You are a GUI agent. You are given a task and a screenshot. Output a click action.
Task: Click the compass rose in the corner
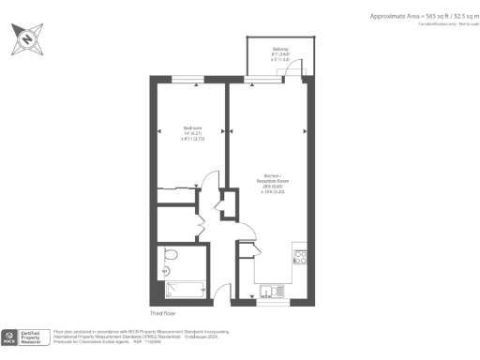click(25, 40)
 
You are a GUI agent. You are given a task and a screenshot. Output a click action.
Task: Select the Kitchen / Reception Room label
click(272, 183)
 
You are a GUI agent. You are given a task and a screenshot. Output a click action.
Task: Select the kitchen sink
click(269, 290)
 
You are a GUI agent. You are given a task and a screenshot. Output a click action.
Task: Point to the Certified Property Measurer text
click(35, 336)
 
